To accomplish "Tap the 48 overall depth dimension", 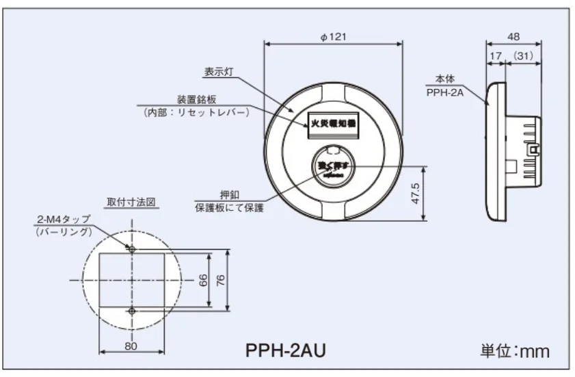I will coord(513,37).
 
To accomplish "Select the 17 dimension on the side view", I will coord(495,54).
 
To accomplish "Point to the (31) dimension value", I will coord(523,54).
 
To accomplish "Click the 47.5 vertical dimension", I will coord(415,193).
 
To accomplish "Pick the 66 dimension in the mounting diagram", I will coord(204,281).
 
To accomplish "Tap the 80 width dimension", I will coord(131,346).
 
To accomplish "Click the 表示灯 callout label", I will coord(219,71).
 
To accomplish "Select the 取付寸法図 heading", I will coord(132,203).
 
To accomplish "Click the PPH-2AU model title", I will coord(285,351).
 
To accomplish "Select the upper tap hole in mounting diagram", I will coord(132,249).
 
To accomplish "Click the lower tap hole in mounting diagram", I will coord(132,311).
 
